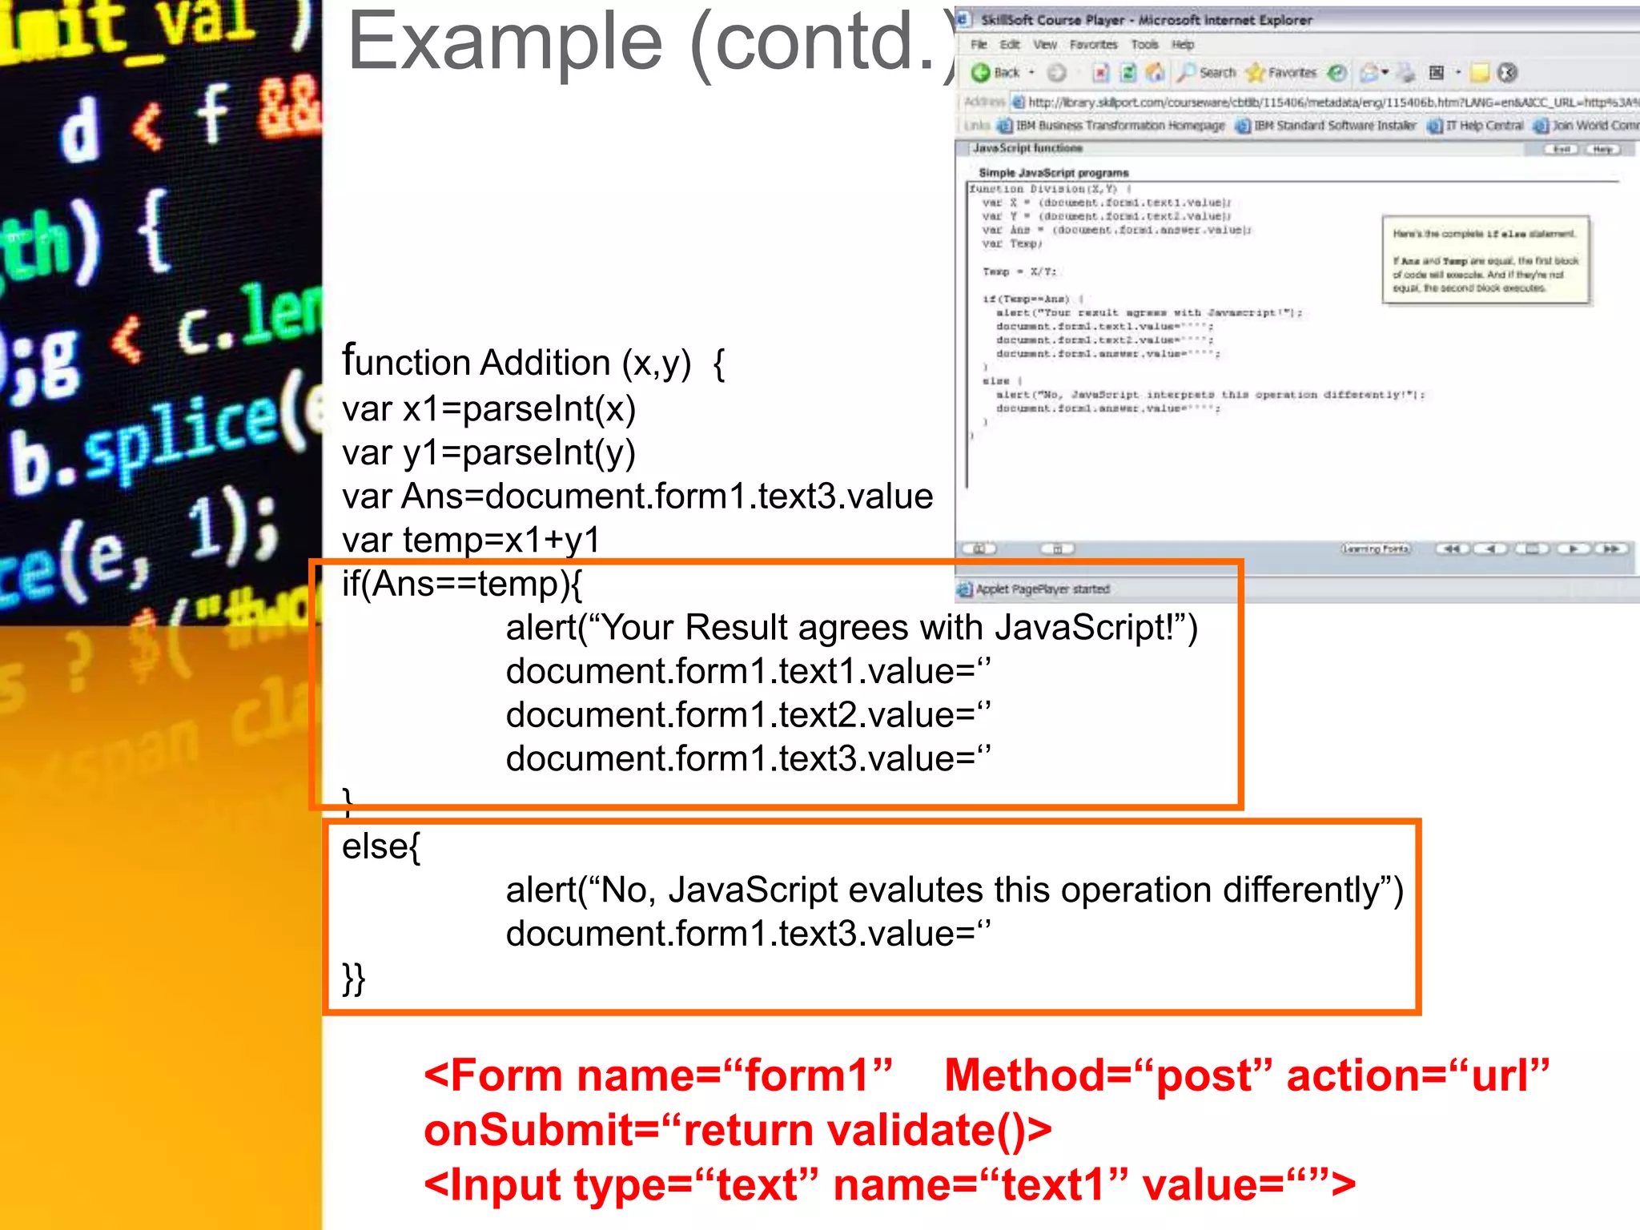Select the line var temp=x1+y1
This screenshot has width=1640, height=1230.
click(471, 540)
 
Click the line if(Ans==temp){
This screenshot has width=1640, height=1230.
click(462, 584)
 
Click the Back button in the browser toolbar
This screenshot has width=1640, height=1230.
click(996, 73)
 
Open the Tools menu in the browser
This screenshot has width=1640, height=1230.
click(1144, 45)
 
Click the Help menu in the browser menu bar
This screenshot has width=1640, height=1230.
click(1183, 45)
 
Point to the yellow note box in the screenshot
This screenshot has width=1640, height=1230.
click(1485, 260)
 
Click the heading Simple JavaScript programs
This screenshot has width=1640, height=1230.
click(1053, 173)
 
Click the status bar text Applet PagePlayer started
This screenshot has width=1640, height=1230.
click(1042, 589)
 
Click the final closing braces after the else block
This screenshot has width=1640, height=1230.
click(353, 978)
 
